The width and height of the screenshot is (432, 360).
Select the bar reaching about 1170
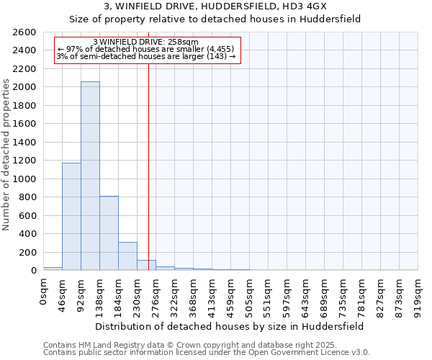coord(71,216)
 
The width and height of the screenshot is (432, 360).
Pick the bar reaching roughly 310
coord(127,256)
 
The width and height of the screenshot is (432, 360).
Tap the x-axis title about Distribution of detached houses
coord(230,326)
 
